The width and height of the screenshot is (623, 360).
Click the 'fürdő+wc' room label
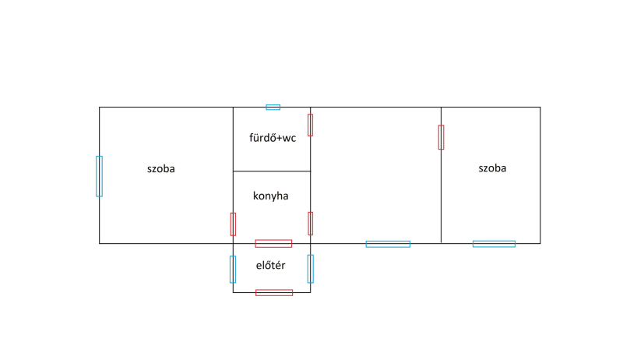pyautogui.click(x=272, y=139)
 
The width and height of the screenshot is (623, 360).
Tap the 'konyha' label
pyautogui.click(x=270, y=196)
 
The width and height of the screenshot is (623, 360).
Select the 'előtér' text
pyautogui.click(x=270, y=266)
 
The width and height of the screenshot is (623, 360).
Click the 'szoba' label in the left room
pyautogui.click(x=161, y=168)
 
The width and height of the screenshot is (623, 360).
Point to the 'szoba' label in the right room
pyautogui.click(x=492, y=168)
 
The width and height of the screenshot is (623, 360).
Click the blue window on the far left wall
pyautogui.click(x=99, y=176)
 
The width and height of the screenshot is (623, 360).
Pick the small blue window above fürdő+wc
pyautogui.click(x=273, y=107)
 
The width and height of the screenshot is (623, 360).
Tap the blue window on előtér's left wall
pyautogui.click(x=233, y=269)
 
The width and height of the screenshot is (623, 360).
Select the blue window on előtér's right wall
pyautogui.click(x=310, y=268)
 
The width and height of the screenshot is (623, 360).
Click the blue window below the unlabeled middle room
pyautogui.click(x=388, y=244)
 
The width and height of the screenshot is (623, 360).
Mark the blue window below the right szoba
pyautogui.click(x=494, y=244)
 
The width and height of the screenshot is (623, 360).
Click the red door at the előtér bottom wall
pyautogui.click(x=274, y=292)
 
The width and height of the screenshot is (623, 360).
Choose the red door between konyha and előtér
pyautogui.click(x=273, y=244)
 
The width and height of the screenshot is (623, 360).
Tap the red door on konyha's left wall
pyautogui.click(x=233, y=224)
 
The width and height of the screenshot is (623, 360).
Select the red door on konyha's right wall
pyautogui.click(x=310, y=223)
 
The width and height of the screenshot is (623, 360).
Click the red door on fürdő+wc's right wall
pyautogui.click(x=310, y=125)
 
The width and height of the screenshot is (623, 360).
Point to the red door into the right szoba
pyautogui.click(x=441, y=137)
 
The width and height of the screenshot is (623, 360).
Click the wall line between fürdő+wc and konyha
pyautogui.click(x=272, y=171)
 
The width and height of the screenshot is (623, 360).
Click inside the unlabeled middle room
pyautogui.click(x=375, y=175)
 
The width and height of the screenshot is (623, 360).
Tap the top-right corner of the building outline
pyautogui.click(x=540, y=108)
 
